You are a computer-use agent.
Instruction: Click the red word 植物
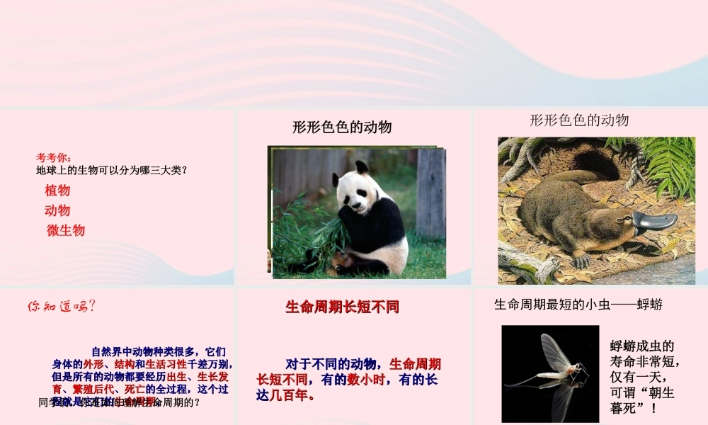tap(57, 191)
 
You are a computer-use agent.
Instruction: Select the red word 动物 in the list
tap(57, 210)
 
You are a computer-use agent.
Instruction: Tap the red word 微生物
tap(66, 230)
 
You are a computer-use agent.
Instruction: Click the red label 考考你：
tap(55, 157)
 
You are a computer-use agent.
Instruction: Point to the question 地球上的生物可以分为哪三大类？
tap(111, 170)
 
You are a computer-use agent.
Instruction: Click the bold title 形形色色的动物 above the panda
tap(342, 127)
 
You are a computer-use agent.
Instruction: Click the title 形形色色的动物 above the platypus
tap(579, 120)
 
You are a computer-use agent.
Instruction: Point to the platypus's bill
tap(655, 222)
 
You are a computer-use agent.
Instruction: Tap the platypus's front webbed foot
tap(581, 260)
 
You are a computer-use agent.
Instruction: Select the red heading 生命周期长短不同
tap(343, 307)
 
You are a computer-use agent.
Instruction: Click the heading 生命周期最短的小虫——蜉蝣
tap(578, 305)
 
